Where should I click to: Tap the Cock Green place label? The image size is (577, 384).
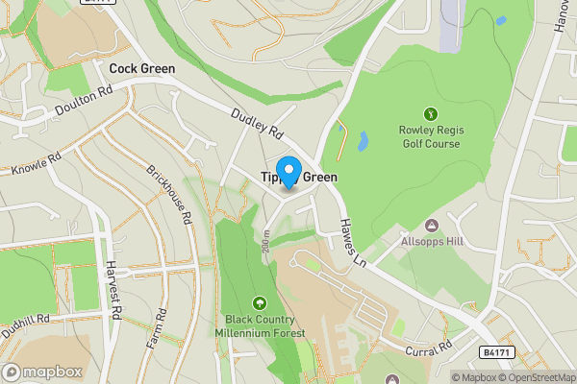pos(142,69)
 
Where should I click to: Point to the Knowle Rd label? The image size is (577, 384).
pos(37,161)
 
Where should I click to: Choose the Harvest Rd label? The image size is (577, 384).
pos(113,291)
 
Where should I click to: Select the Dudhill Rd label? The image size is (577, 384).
pos(24,321)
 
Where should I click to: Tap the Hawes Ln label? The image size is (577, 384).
pos(353,243)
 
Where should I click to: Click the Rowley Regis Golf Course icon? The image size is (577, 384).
pos(430,112)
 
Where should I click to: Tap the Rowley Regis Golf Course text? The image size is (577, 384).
pos(429,137)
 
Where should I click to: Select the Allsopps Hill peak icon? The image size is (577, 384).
pos(430,226)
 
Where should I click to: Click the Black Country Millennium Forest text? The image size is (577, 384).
pos(265,326)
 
